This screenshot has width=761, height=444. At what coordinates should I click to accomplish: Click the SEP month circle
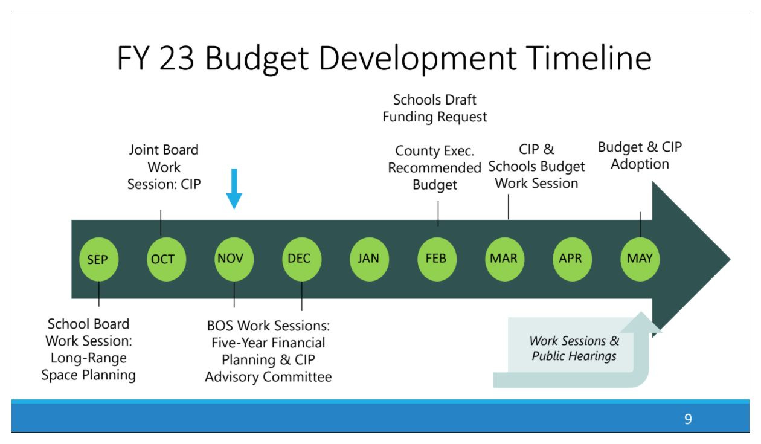[99, 259]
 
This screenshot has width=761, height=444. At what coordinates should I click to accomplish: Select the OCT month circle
[167, 259]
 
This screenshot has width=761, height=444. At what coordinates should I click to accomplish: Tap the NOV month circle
[234, 259]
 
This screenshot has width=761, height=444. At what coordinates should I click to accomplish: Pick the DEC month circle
[302, 259]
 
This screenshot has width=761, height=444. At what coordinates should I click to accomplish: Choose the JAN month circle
[369, 259]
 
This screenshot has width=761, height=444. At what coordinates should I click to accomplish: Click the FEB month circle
[437, 259]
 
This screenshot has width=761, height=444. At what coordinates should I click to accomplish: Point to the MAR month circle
[504, 259]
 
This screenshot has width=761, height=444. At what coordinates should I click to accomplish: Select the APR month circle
[572, 259]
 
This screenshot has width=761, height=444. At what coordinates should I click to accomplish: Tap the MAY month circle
[640, 259]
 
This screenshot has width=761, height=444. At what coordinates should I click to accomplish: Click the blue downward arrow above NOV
[234, 188]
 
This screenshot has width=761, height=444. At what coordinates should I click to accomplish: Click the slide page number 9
[688, 419]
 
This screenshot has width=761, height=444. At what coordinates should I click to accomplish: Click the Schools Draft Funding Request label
[434, 108]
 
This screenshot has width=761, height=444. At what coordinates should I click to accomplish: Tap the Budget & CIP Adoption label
[640, 155]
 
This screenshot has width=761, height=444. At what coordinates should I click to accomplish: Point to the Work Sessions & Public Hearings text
[574, 348]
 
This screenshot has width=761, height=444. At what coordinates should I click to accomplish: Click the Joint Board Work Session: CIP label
[164, 167]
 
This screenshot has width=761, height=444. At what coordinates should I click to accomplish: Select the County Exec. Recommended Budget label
[434, 168]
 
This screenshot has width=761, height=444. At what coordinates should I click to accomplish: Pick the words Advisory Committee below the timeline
[268, 377]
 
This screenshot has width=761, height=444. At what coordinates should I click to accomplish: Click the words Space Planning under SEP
[89, 375]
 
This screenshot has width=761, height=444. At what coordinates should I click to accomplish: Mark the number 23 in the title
[176, 58]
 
